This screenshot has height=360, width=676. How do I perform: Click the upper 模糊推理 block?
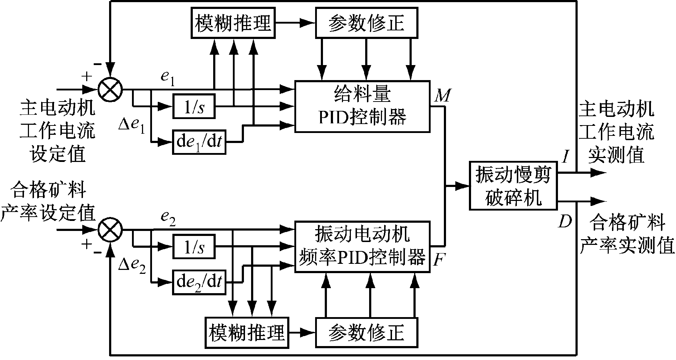[233, 23]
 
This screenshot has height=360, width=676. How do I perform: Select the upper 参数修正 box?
[366, 23]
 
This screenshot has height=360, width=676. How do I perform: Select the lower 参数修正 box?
[366, 332]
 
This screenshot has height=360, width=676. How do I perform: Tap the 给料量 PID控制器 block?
[362, 107]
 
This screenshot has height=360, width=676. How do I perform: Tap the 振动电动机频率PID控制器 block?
[362, 247]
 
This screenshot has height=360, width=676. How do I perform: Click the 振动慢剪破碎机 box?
[513, 186]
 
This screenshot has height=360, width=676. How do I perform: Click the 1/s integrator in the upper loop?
[194, 106]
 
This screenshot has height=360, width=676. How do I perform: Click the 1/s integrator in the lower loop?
[194, 247]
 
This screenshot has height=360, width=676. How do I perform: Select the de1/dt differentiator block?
[199, 142]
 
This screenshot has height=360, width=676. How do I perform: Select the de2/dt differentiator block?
[199, 282]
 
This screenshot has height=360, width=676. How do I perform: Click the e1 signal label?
[167, 78]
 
